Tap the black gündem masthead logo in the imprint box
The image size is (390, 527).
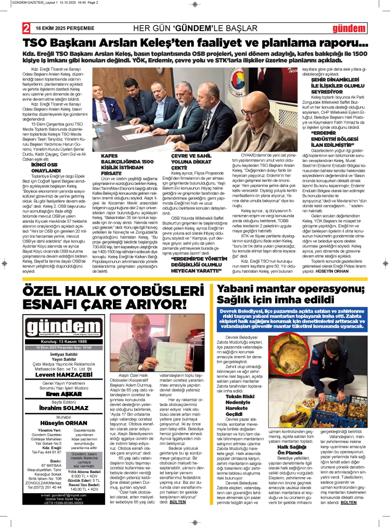(51, 325)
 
